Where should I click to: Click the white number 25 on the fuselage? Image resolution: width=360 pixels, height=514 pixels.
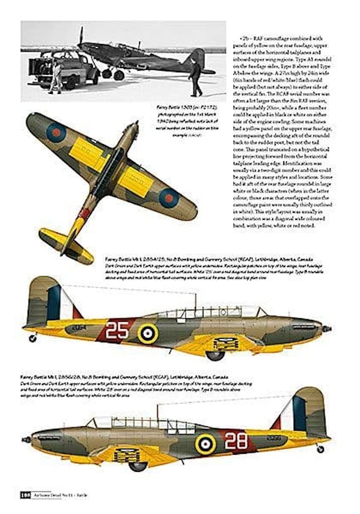tap(117, 330)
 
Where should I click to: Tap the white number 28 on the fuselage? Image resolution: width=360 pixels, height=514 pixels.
tap(235, 441)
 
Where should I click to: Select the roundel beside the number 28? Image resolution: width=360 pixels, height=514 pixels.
tap(205, 444)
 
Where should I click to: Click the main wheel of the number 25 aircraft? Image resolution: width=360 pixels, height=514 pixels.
tap(215, 355)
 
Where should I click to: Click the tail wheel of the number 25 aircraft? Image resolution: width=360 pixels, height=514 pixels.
tap(33, 338)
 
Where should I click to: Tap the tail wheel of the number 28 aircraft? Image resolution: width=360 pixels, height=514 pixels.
tap(320, 449)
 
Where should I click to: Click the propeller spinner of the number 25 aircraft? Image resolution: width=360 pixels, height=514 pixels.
tap(327, 329)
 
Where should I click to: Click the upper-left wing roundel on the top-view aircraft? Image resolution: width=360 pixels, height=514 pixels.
tap(56, 133)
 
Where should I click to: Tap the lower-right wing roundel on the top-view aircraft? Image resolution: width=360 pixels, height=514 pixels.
tap(169, 198)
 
